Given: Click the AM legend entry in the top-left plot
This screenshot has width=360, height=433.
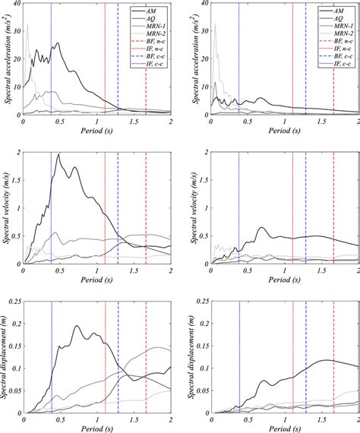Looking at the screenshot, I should [x=143, y=11].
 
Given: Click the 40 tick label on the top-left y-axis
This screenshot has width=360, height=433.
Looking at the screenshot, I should [x=16, y=5].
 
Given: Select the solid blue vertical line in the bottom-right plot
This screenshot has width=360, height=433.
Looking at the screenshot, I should [x=238, y=357].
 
